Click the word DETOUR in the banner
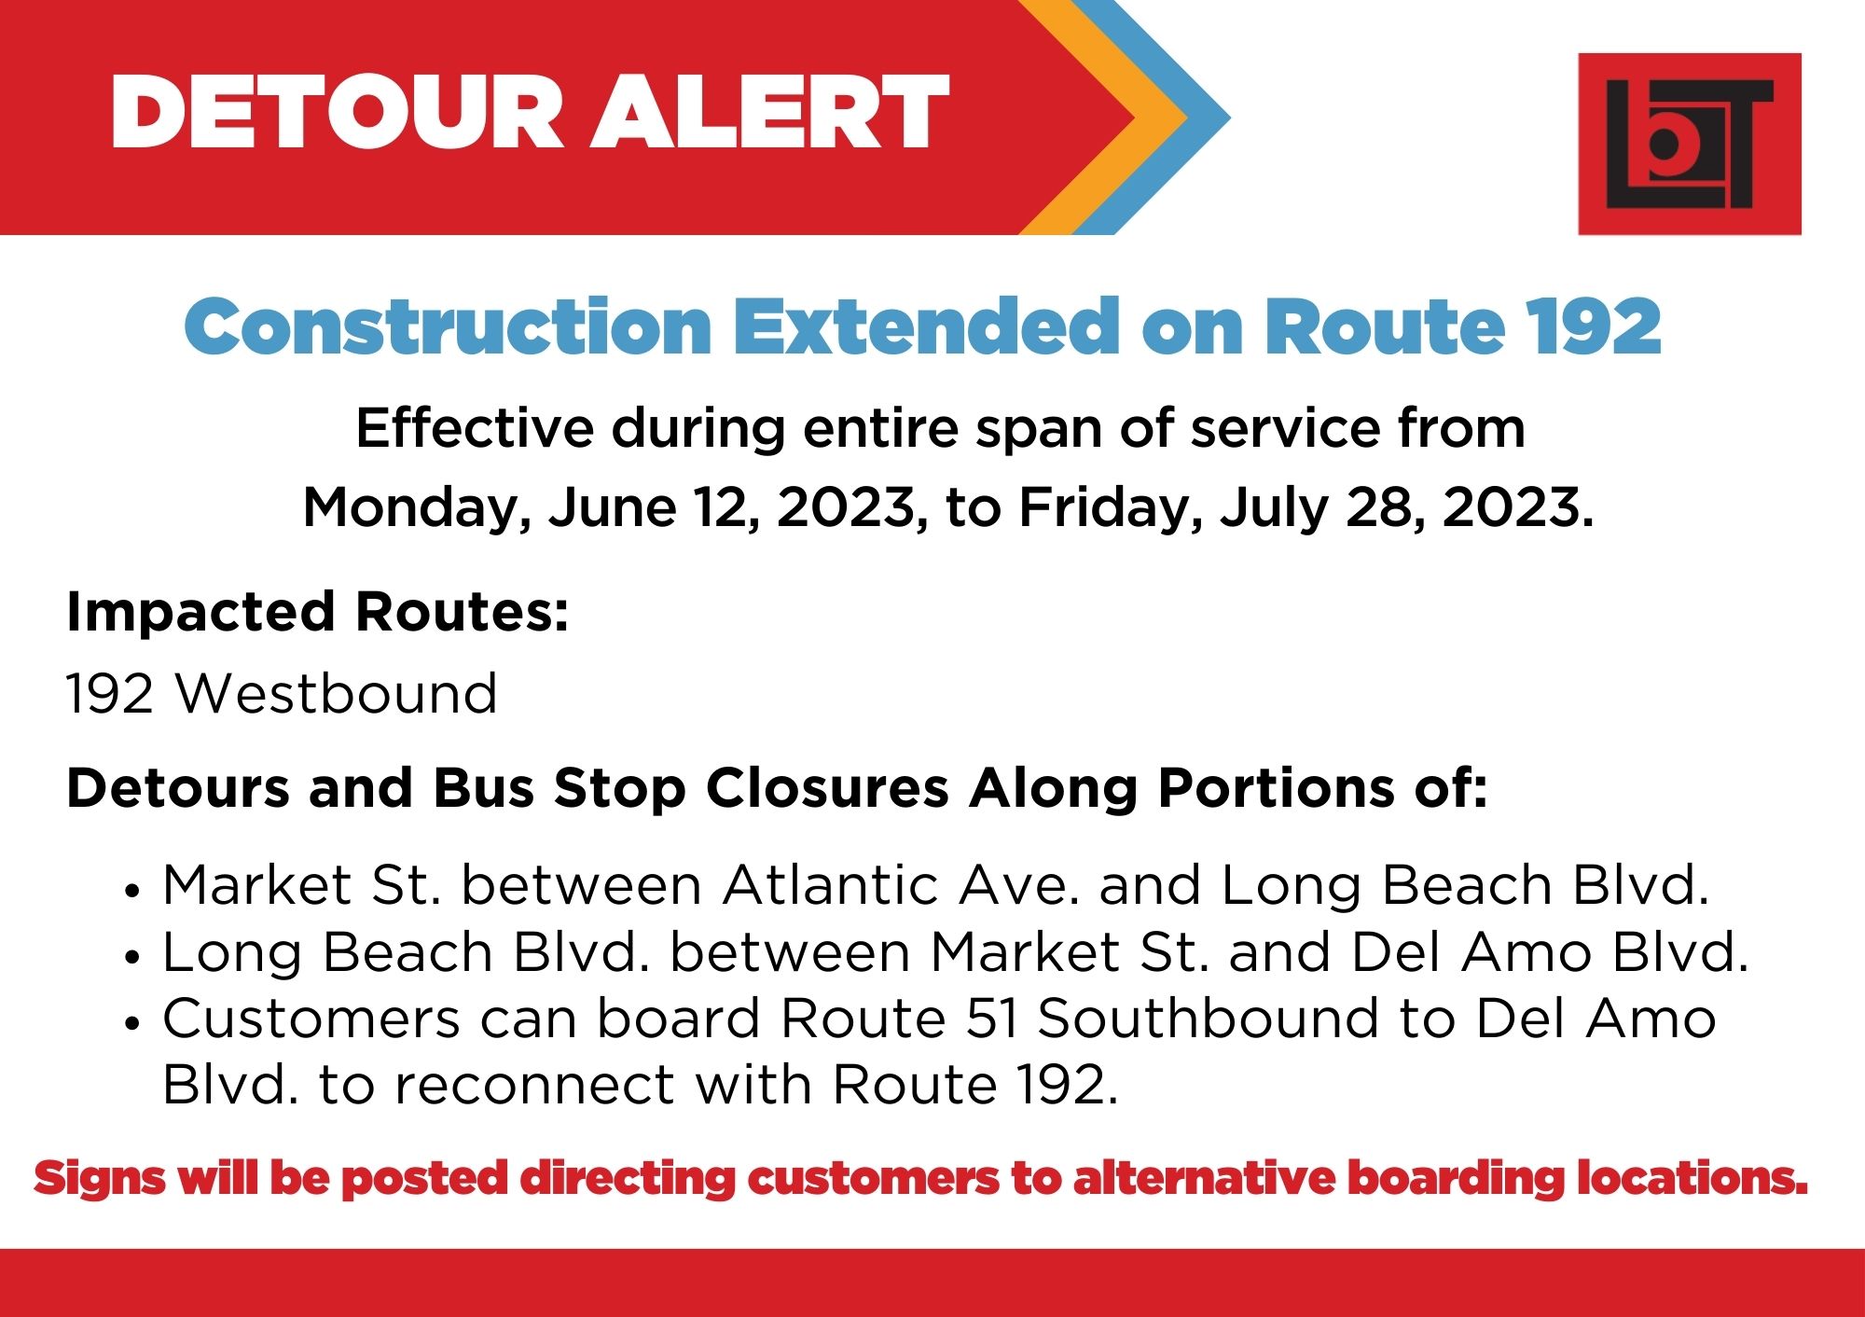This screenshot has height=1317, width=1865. [x=337, y=111]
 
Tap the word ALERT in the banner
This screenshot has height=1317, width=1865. [x=769, y=111]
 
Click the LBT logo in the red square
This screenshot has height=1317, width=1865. [x=1689, y=144]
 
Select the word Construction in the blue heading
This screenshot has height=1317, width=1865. [x=448, y=326]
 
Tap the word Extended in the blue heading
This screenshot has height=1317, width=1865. [x=927, y=326]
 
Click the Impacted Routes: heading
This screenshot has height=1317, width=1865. [x=317, y=612]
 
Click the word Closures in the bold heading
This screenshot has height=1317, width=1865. [x=827, y=788]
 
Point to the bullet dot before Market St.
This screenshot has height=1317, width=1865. [x=131, y=891]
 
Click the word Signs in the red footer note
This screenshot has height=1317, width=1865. [x=100, y=1179]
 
